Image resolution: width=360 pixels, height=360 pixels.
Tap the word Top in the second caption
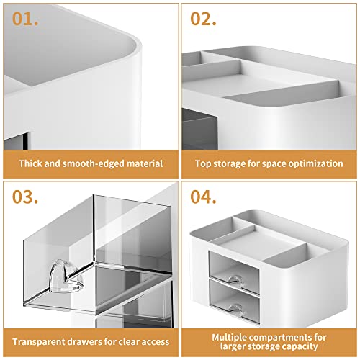coord(204,163)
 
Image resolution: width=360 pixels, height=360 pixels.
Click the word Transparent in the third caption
coord(40,336)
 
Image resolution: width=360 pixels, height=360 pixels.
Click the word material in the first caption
coord(143,163)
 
